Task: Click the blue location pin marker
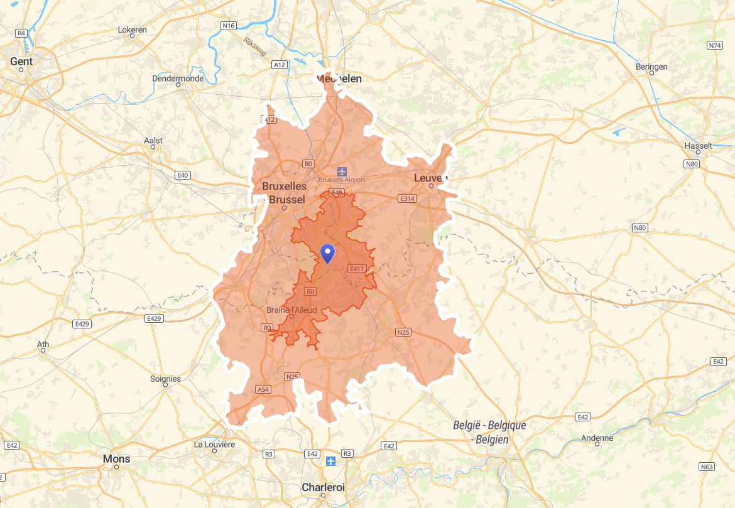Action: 327,253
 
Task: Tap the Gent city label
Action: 21,62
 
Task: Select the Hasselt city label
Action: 699,146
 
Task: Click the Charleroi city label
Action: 323,487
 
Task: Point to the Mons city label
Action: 117,459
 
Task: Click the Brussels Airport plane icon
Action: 342,171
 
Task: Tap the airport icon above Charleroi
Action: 330,462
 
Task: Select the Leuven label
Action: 430,178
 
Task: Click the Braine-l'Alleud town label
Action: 291,310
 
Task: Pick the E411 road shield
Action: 356,269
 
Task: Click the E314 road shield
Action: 408,198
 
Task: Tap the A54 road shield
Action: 263,390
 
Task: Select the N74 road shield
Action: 715,45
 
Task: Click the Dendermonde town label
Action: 178,78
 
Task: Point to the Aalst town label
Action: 153,141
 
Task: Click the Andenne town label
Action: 597,438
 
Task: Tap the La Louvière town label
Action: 214,444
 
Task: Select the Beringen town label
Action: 651,67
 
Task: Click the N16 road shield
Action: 229,26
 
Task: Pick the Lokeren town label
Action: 132,30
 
